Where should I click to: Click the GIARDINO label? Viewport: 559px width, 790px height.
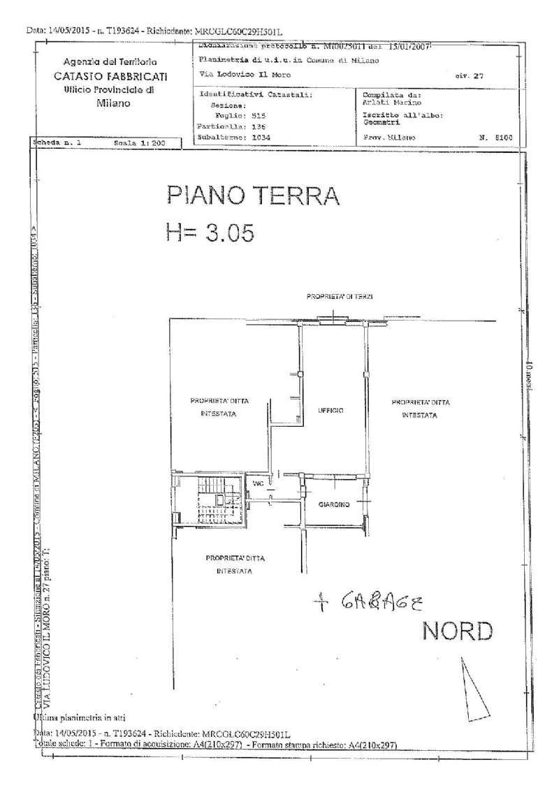(333, 504)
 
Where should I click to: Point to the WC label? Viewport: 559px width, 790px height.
(258, 483)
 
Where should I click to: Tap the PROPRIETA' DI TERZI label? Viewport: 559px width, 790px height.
(339, 297)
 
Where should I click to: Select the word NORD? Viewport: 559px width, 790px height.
(458, 631)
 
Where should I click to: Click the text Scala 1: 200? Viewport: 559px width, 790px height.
(138, 142)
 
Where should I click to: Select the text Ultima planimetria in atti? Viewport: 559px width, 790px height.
(78, 717)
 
